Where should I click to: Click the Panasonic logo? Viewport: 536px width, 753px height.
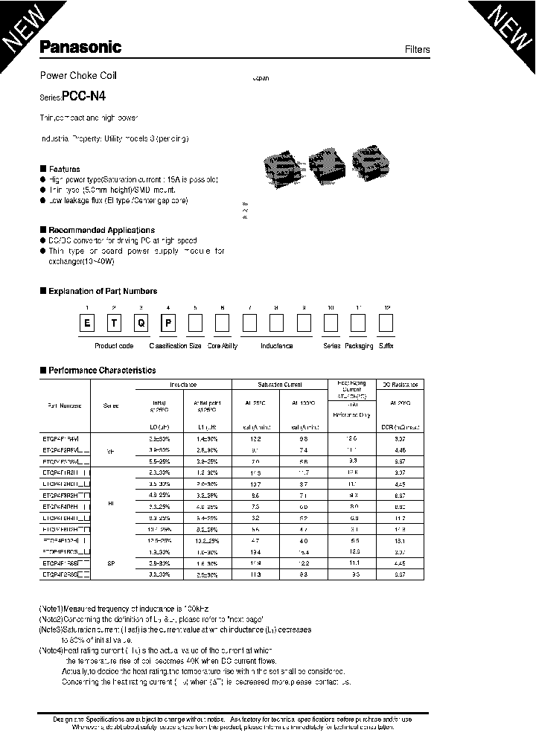(x=80, y=48)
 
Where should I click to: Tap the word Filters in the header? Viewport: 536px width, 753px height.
(x=417, y=50)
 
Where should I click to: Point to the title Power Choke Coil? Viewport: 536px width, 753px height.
(x=77, y=76)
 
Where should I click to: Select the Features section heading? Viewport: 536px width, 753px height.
(x=64, y=169)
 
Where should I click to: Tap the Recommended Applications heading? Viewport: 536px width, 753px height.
(x=101, y=230)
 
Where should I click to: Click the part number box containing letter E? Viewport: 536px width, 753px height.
(x=87, y=324)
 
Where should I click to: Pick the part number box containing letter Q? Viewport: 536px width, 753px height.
(x=141, y=324)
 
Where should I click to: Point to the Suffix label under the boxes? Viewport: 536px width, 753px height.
(x=386, y=346)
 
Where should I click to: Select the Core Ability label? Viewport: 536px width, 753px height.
(x=223, y=346)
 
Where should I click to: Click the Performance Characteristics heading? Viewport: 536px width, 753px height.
(x=101, y=370)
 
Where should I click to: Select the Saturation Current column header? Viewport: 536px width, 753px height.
(x=280, y=385)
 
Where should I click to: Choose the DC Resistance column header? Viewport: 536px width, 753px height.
(x=401, y=385)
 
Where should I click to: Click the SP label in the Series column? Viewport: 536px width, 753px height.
(x=111, y=564)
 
